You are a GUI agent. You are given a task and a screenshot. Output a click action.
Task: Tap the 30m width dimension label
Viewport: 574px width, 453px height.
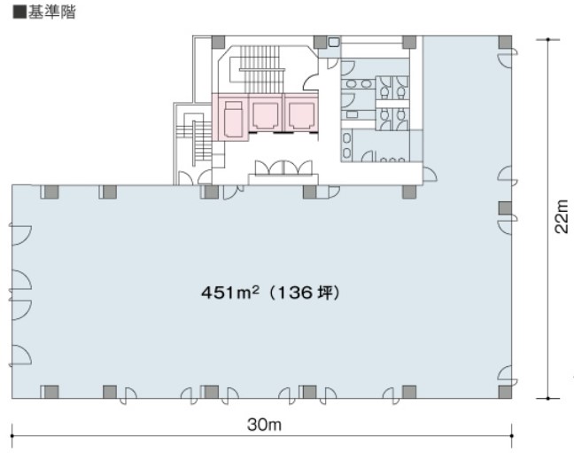(x=264, y=425)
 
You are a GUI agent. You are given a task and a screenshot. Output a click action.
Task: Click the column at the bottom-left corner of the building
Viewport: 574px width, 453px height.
(x=50, y=391)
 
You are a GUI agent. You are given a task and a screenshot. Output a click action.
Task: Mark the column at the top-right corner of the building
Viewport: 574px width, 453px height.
(x=504, y=42)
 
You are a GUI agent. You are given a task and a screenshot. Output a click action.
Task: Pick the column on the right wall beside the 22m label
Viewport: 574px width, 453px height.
(x=504, y=208)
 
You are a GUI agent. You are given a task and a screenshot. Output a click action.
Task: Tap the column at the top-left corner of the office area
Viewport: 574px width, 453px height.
(x=50, y=191)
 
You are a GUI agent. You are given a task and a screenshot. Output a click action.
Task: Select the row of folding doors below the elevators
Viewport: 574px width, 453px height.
(x=283, y=168)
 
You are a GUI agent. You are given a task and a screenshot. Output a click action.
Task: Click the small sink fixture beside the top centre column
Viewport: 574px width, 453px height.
(x=334, y=43)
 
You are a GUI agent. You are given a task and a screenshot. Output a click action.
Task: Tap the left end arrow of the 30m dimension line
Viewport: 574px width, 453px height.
(x=13, y=434)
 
